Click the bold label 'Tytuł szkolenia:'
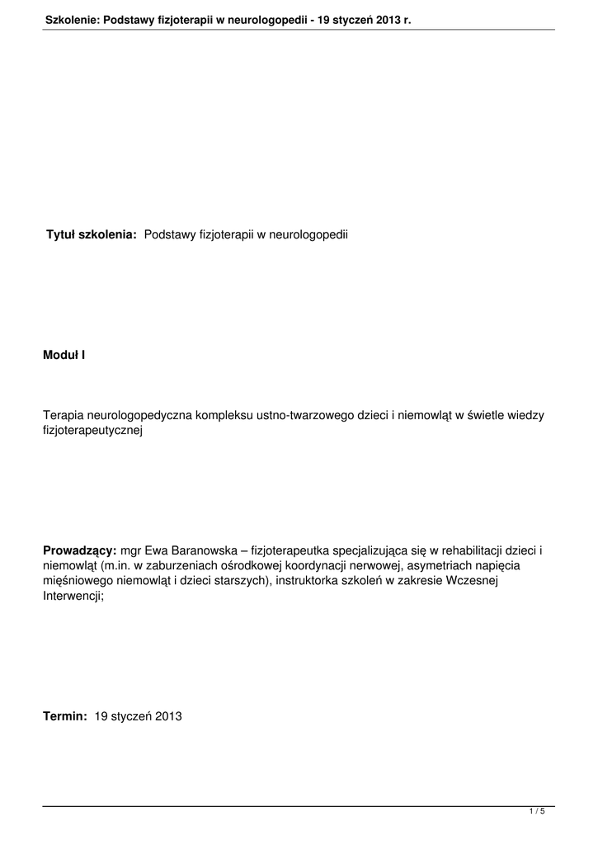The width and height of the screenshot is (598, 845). pos(91,235)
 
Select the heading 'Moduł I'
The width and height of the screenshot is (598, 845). pos(64,355)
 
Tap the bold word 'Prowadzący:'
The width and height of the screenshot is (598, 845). pos(80,550)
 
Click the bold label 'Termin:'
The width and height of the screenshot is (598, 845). pos(65,716)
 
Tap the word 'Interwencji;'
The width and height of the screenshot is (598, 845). pos(73,595)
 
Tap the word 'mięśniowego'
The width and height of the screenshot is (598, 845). pos(80,580)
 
